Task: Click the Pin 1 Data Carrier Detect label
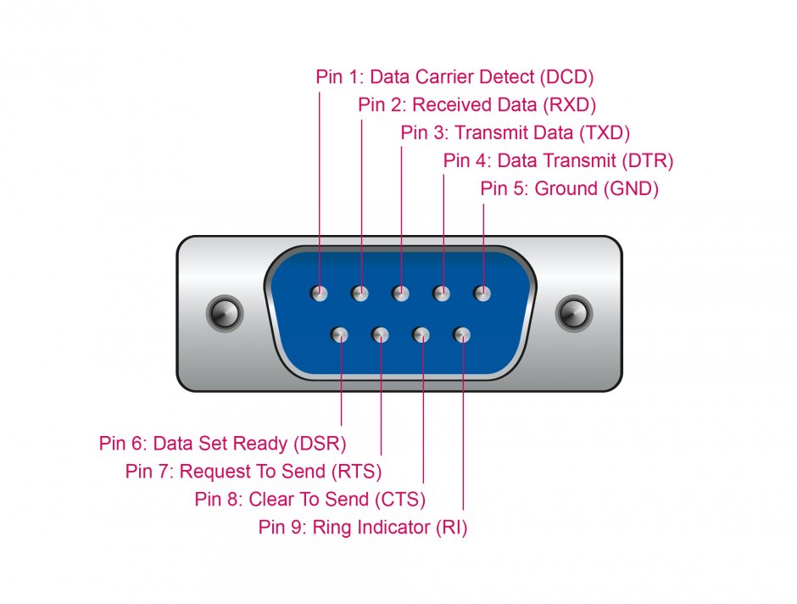[454, 76]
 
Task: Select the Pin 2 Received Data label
[477, 105]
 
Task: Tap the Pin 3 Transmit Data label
[516, 132]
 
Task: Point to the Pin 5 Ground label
[569, 188]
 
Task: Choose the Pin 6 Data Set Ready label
[223, 443]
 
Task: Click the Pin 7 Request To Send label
[254, 471]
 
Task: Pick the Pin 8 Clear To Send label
[310, 499]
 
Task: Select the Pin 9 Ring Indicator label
[363, 527]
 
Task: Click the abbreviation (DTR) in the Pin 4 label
[648, 160]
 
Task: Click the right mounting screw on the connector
[573, 313]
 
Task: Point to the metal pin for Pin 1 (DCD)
[319, 294]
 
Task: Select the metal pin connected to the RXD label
[360, 294]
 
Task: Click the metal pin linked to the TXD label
[400, 294]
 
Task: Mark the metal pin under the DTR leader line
[441, 294]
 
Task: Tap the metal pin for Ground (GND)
[482, 294]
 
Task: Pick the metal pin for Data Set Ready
[340, 335]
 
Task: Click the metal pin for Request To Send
[381, 335]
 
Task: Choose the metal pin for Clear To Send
[421, 335]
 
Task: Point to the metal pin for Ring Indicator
[462, 335]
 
